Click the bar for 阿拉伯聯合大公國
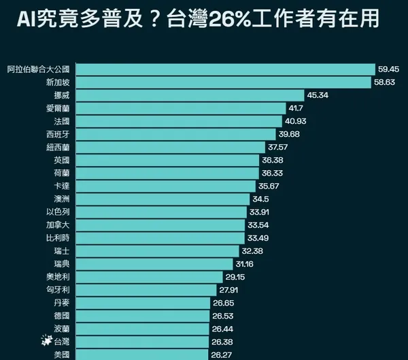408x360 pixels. point(224,69)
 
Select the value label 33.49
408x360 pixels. point(260,238)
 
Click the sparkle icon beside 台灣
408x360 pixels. point(46,341)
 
